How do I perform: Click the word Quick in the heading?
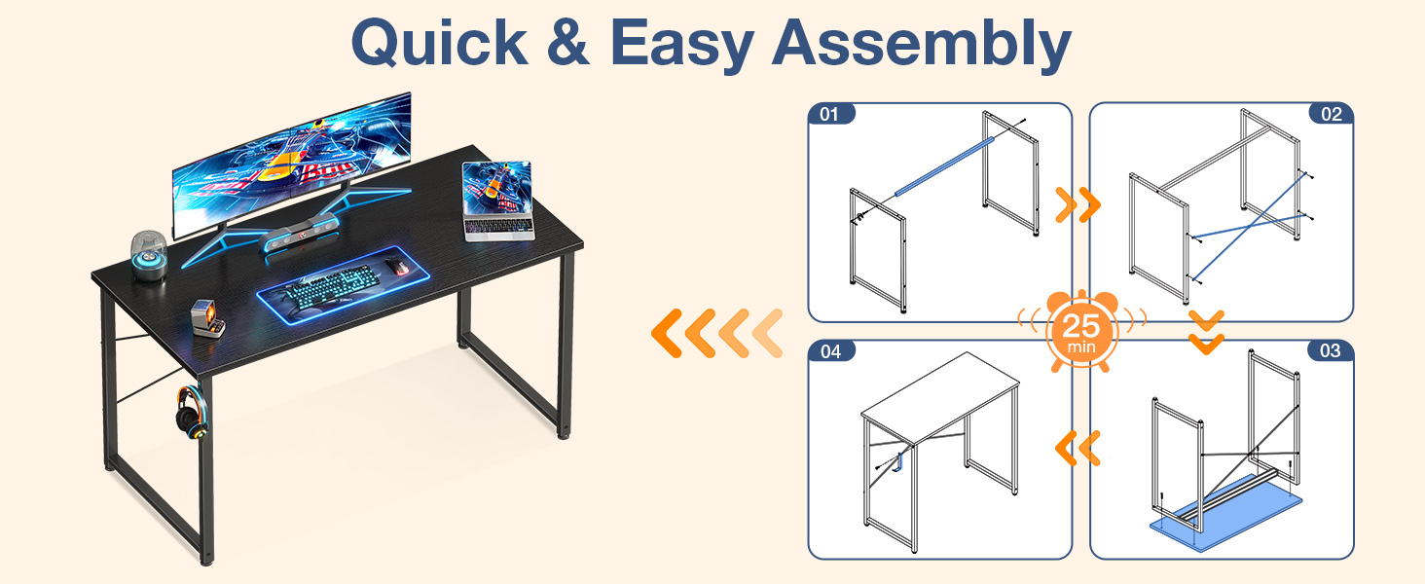(x=439, y=43)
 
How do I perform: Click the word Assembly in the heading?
(x=922, y=45)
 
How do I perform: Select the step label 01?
(x=829, y=114)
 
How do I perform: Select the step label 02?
(x=1332, y=114)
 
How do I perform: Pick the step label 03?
(x=1331, y=350)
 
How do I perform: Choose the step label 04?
(x=831, y=351)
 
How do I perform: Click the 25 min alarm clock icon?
(x=1081, y=331)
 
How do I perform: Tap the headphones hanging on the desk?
(x=191, y=414)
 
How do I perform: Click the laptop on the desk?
(x=497, y=201)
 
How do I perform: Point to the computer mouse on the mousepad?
(x=397, y=267)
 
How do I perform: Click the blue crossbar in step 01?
(x=944, y=166)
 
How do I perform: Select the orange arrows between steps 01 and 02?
(x=1078, y=204)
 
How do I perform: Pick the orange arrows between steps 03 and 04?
(x=1078, y=448)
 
